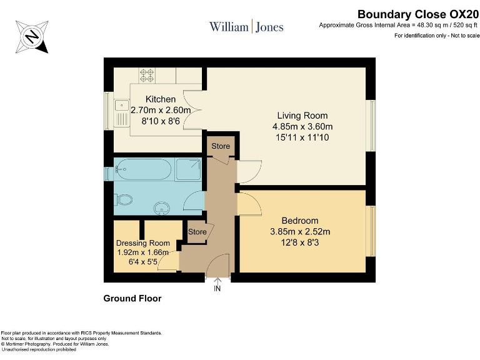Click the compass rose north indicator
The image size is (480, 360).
coord(32,37)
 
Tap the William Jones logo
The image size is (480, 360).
coord(246,27)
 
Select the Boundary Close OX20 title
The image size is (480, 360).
coord(418,14)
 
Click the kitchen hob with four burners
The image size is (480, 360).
coord(147,75)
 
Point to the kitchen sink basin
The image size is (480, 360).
coord(122,106)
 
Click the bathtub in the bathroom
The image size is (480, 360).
coord(143,169)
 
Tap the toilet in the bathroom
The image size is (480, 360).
coord(123,200)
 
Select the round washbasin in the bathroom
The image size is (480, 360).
coord(162,208)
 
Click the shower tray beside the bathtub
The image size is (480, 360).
coord(188,169)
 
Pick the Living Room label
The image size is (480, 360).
coord(302,116)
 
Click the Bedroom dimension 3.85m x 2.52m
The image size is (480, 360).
coord(300,231)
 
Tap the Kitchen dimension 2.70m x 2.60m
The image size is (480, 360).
coord(161,110)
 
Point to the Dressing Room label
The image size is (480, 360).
coord(143,243)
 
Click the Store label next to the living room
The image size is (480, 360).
coord(221,146)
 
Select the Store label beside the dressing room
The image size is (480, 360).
coord(197,232)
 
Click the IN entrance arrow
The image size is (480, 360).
coord(217,285)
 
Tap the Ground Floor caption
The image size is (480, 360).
coord(132,299)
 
